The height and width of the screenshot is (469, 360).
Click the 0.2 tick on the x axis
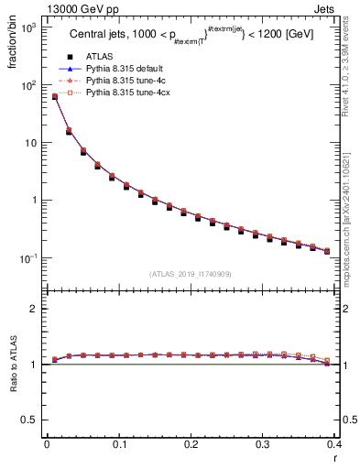(x=191, y=444)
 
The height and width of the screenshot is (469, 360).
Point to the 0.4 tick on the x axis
(x=334, y=444)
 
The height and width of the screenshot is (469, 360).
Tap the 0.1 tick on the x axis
(x=118, y=444)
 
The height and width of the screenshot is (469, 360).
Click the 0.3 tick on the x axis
(x=263, y=444)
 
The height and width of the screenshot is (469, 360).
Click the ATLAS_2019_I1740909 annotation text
(x=190, y=273)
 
